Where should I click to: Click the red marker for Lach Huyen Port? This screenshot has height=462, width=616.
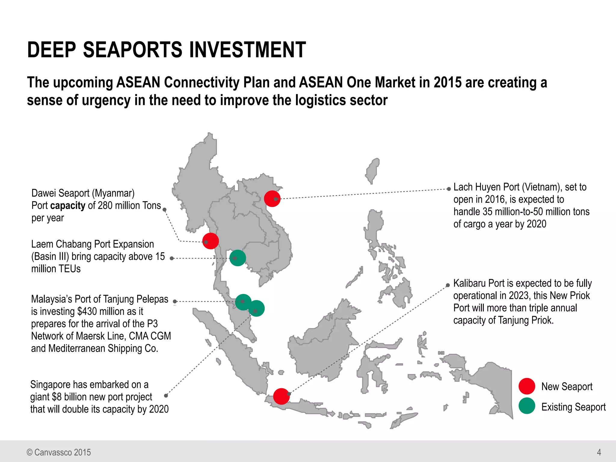[272, 199]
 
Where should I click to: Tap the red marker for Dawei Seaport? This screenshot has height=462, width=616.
[211, 241]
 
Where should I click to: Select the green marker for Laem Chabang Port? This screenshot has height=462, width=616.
[238, 258]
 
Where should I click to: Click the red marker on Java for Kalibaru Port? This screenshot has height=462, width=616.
[281, 396]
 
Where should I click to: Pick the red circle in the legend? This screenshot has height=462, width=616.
[527, 386]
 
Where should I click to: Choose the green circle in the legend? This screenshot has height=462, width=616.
[527, 406]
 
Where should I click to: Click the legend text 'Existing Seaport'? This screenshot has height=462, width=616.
[573, 407]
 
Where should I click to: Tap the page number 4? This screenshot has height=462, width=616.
[599, 452]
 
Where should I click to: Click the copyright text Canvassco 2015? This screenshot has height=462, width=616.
[62, 452]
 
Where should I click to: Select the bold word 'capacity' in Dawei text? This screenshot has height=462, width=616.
[68, 206]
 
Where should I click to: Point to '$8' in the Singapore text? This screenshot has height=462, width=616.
[57, 397]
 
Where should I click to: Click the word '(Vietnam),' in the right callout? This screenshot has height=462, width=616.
[542, 187]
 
